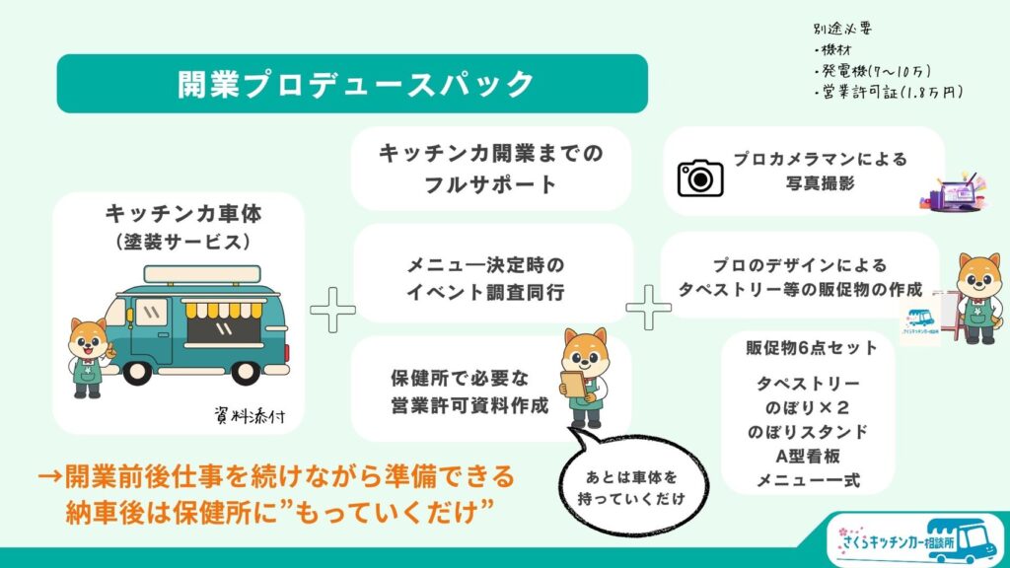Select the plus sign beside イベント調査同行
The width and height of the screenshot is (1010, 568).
[x=648, y=308]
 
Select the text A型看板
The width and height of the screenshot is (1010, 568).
[x=808, y=457]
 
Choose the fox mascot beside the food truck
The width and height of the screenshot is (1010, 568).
[x=90, y=355]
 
